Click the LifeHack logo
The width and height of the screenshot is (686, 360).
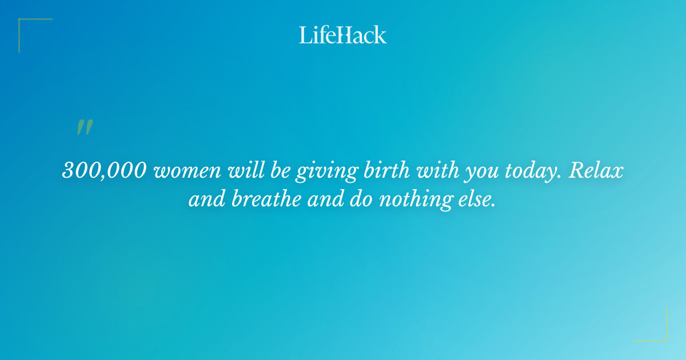(343, 35)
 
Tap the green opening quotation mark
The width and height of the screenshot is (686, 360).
(84, 127)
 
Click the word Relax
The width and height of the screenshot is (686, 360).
(595, 171)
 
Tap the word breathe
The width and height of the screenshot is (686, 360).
(261, 201)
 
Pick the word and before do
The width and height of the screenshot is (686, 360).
(318, 201)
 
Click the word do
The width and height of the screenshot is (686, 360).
(356, 201)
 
